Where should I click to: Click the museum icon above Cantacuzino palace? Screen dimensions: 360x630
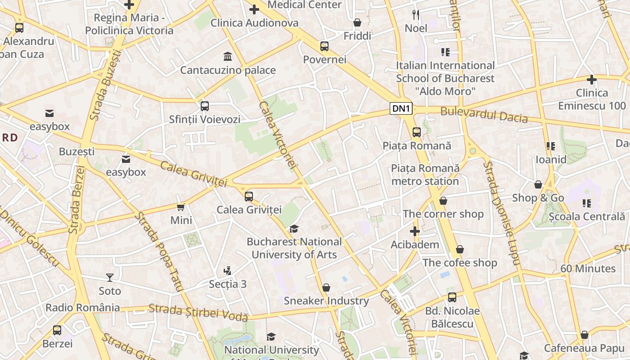pyautogui.click(x=228, y=57)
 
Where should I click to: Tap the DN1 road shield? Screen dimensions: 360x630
pyautogui.click(x=401, y=108)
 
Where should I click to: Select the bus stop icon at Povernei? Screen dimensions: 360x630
pyautogui.click(x=324, y=46)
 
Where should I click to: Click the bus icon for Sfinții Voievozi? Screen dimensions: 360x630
pyautogui.click(x=205, y=106)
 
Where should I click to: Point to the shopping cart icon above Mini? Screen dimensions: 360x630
pyautogui.click(x=181, y=207)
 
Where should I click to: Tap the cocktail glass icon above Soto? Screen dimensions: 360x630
pyautogui.click(x=110, y=277)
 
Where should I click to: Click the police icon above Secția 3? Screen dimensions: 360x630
pyautogui.click(x=228, y=270)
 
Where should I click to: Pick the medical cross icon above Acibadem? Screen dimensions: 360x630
pyautogui.click(x=414, y=232)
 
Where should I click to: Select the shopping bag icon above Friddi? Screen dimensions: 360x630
pyautogui.click(x=357, y=22)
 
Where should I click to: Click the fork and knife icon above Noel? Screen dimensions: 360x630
pyautogui.click(x=416, y=15)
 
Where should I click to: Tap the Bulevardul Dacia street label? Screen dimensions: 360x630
pyautogui.click(x=484, y=114)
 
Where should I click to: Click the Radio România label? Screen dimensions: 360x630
pyautogui.click(x=83, y=308)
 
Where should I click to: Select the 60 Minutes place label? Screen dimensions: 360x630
pyautogui.click(x=588, y=269)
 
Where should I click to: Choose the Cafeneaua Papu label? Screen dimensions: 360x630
pyautogui.click(x=584, y=348)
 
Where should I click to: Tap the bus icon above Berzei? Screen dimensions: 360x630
pyautogui.click(x=57, y=330)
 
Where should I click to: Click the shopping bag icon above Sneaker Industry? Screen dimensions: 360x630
pyautogui.click(x=326, y=288)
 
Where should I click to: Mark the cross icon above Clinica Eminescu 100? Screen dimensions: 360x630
pyautogui.click(x=592, y=80)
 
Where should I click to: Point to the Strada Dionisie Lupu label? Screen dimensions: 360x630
pyautogui.click(x=501, y=212)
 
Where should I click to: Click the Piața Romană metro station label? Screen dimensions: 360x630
pyautogui.click(x=425, y=175)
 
